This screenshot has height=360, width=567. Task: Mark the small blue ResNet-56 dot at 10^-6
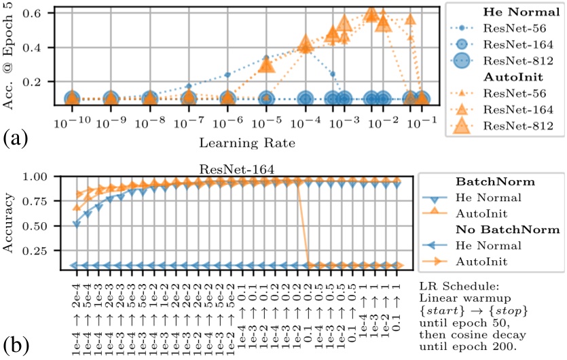227,75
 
